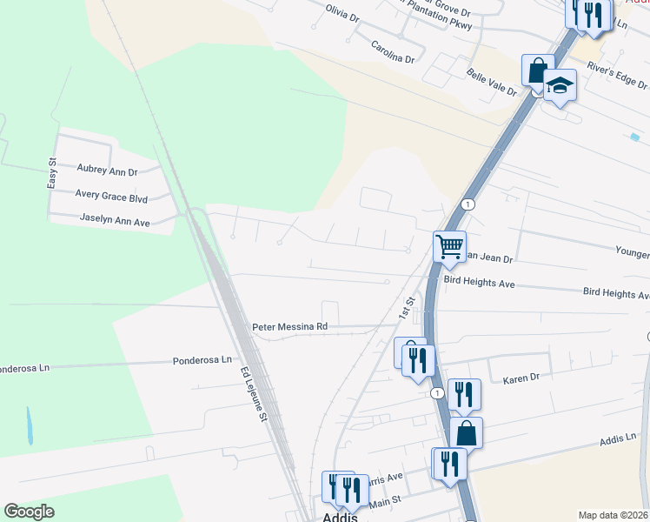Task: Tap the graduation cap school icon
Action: tap(560, 86)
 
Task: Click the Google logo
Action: tap(29, 512)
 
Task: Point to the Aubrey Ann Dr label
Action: tap(108, 169)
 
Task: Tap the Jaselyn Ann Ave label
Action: tap(115, 222)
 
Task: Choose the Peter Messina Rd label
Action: tap(289, 327)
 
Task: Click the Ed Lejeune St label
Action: tap(253, 394)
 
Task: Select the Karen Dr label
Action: tap(521, 378)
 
